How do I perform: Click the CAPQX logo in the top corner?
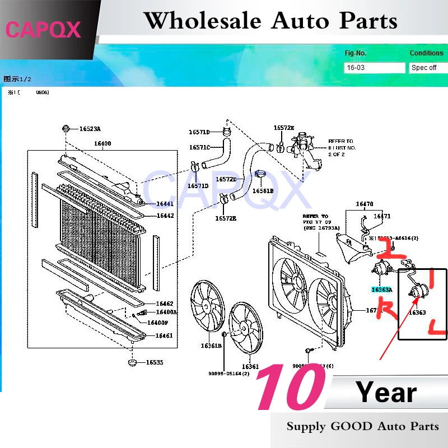point(44,29)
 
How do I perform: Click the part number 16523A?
point(90,129)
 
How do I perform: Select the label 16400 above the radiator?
point(102,143)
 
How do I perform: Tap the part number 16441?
point(165,204)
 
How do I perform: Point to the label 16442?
point(165,216)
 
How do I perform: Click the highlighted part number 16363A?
point(381,290)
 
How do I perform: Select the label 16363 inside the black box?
point(418,312)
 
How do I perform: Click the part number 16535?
point(155,362)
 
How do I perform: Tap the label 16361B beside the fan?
point(212,346)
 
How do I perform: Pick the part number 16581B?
point(263,191)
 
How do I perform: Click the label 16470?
point(364,204)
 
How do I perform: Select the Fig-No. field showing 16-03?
point(374,68)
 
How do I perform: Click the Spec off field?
point(427,68)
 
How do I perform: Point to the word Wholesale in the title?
point(202,21)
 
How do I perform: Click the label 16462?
point(165,303)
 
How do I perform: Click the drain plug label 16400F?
point(158,323)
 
